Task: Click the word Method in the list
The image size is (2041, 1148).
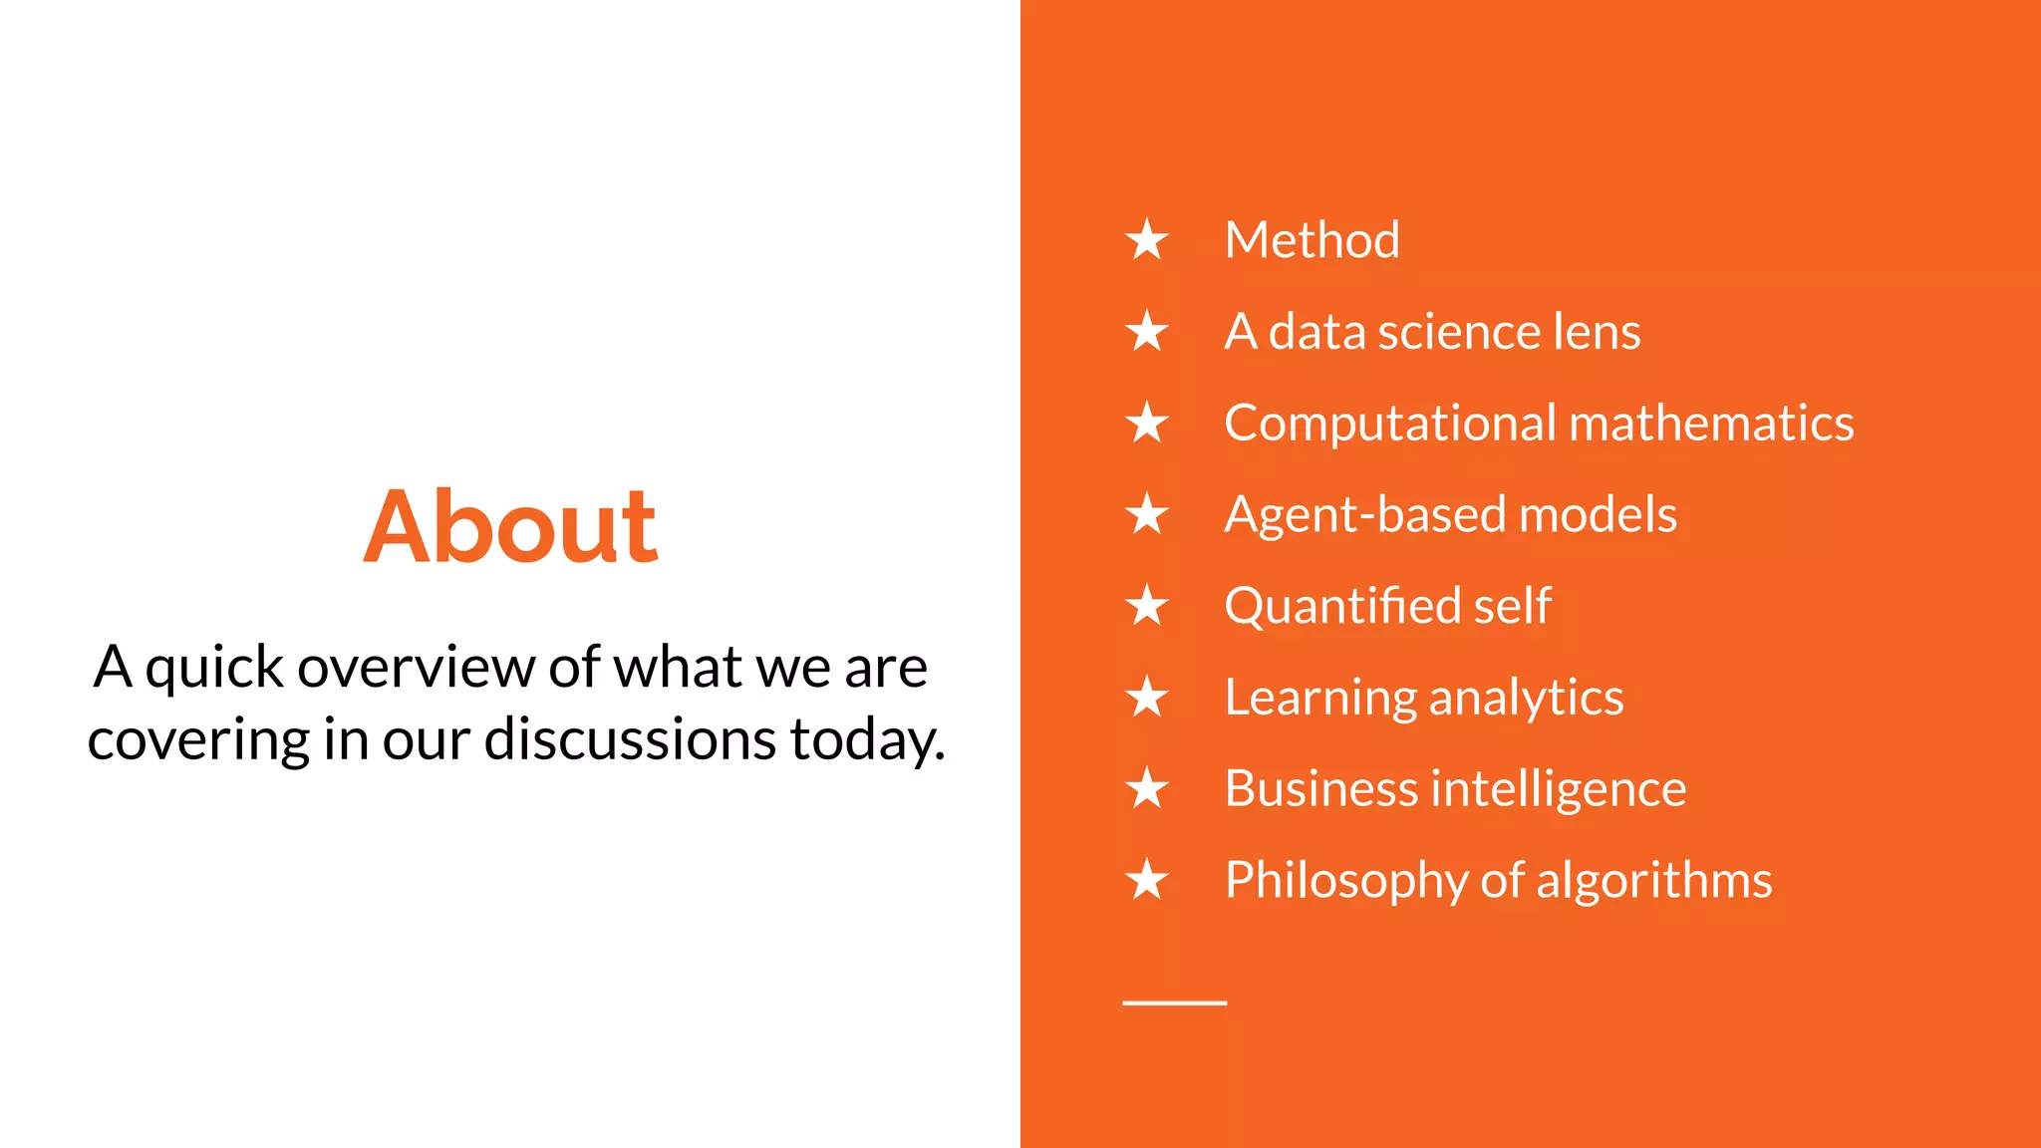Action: [1312, 240]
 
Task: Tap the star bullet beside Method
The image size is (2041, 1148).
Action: [1147, 240]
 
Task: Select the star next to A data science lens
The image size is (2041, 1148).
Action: [1147, 332]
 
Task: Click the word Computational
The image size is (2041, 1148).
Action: [1389, 424]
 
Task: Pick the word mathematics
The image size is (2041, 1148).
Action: [1711, 424]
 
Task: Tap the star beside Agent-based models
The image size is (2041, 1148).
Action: [1147, 515]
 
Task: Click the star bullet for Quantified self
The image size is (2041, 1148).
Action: [1147, 607]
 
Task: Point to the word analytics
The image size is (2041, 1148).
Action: [1526, 698]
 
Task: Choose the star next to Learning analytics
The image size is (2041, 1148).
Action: [1147, 698]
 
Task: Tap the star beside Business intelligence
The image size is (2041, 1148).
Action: [1147, 789]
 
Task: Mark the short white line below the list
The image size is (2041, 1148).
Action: [1174, 1003]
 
